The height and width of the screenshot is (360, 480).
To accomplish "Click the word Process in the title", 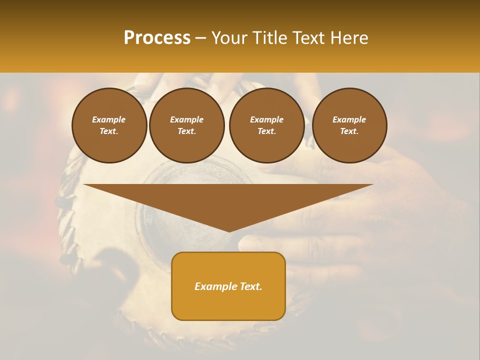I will click(x=157, y=38).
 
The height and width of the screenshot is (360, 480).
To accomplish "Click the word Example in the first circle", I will click(x=109, y=119).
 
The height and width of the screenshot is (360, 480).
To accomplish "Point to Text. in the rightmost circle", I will click(x=349, y=131).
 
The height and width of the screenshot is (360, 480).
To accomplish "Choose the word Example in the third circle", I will click(x=266, y=119).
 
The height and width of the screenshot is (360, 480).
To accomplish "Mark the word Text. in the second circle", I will click(x=187, y=131).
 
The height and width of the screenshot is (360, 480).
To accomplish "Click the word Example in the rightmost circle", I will click(x=349, y=119).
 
